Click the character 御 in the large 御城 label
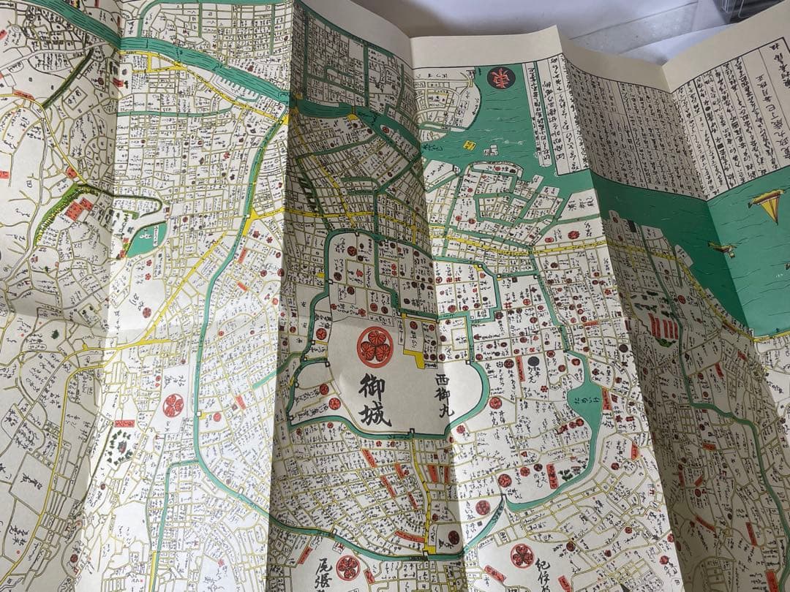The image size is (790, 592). tap(372, 387)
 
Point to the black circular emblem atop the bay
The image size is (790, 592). tap(501, 77)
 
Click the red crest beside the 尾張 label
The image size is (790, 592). tap(347, 567)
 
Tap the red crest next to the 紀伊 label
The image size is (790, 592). tap(522, 555)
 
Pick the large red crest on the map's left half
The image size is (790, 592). tap(173, 405)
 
